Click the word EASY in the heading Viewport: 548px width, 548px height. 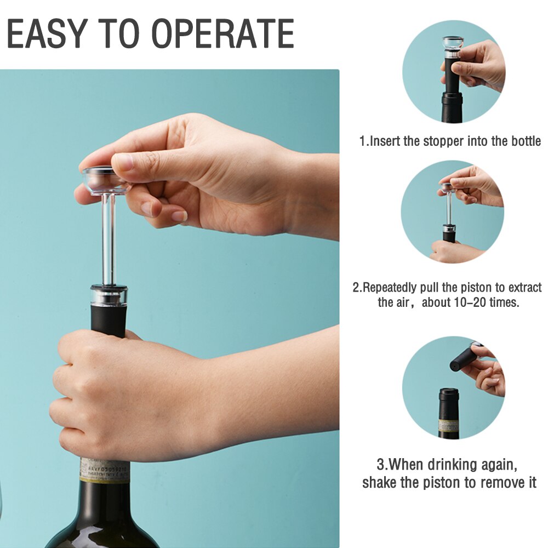pyautogui.click(x=47, y=33)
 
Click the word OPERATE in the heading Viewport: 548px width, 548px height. pyautogui.click(x=222, y=33)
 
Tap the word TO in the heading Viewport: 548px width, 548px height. pyautogui.click(x=118, y=33)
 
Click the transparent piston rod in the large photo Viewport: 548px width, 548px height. pyautogui.click(x=108, y=240)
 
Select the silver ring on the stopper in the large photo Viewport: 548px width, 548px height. pyautogui.click(x=109, y=296)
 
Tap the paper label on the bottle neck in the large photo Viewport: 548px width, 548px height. pyautogui.click(x=105, y=470)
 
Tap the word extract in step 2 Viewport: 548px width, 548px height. pyautogui.click(x=525, y=288)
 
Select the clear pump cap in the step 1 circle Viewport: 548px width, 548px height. pyautogui.click(x=453, y=43)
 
